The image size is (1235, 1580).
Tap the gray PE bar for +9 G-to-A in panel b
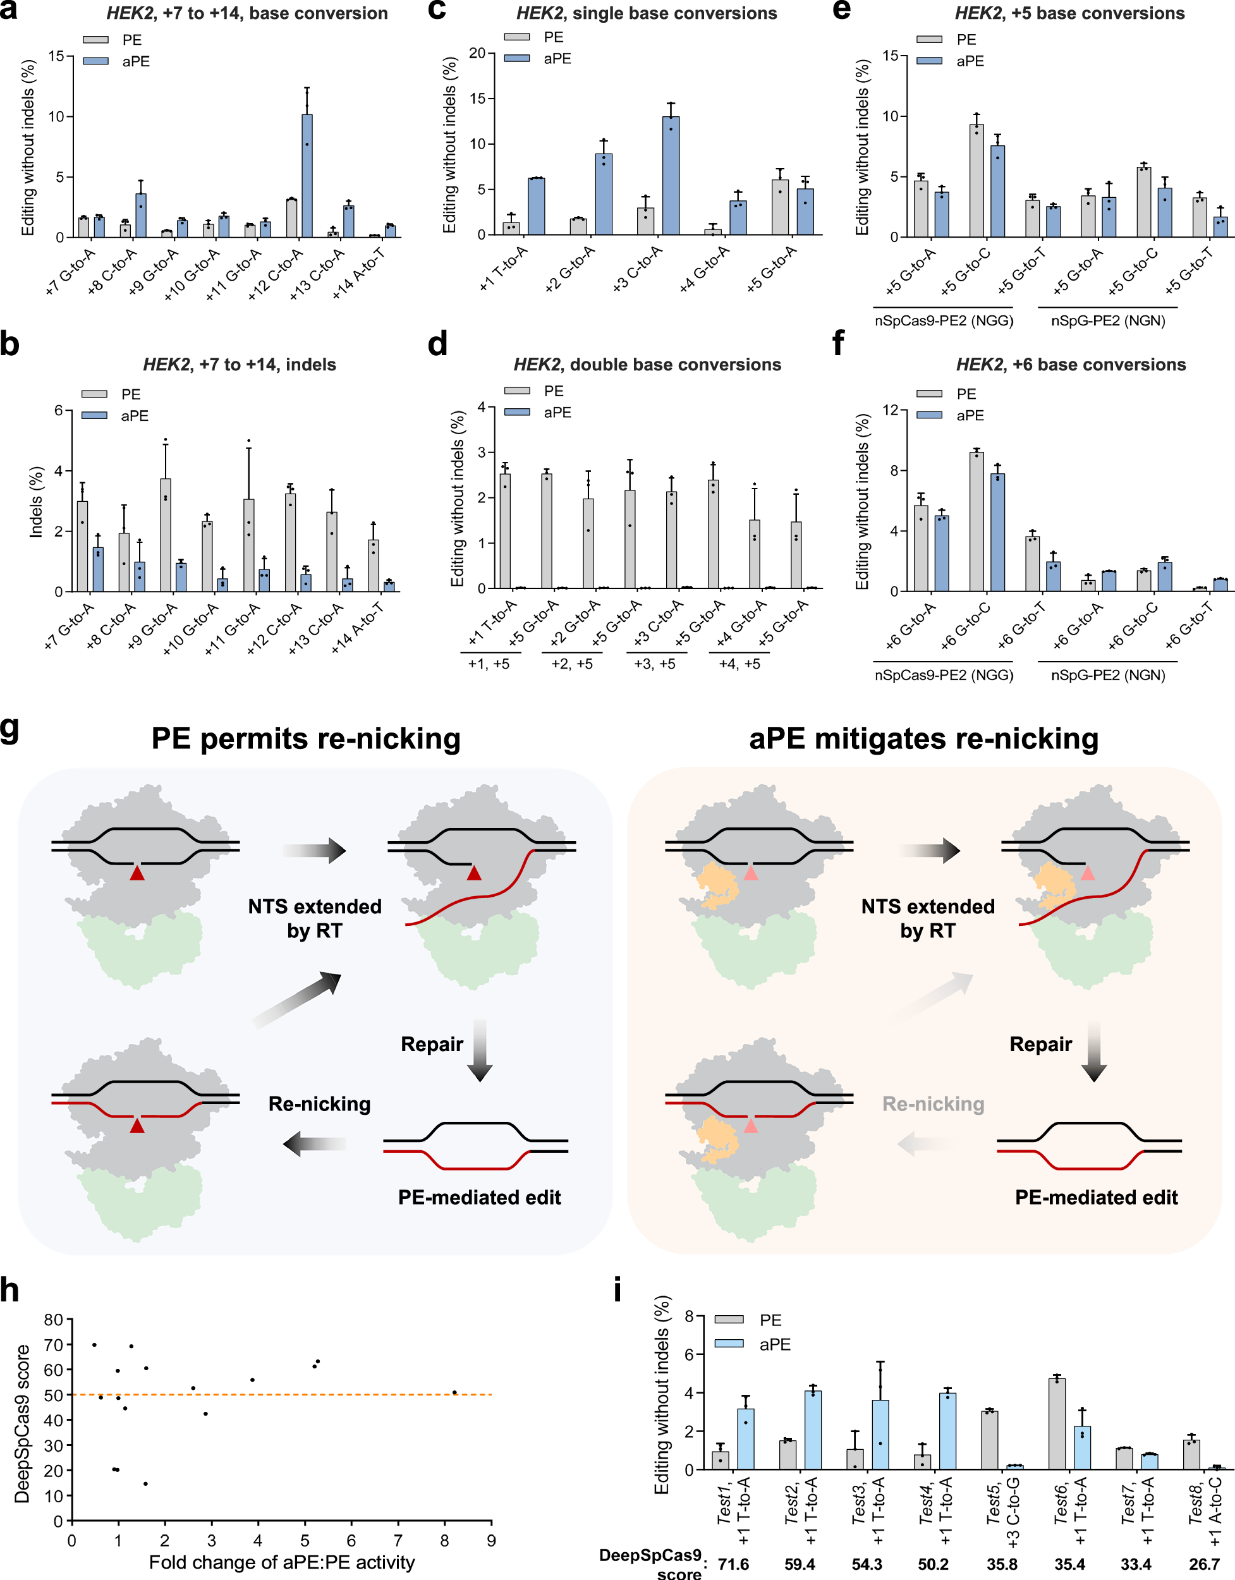(166, 535)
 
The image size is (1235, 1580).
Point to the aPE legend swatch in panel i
(729, 1344)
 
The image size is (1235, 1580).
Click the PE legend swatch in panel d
(516, 391)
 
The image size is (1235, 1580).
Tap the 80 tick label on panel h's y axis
(53, 1320)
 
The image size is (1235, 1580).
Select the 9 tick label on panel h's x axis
(491, 1541)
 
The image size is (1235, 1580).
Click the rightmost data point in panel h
(454, 1393)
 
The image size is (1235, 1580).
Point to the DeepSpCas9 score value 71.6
(733, 1564)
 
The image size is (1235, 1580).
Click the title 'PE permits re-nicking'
(305, 739)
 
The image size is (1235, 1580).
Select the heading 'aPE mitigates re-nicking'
(923, 739)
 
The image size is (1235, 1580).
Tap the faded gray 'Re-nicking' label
(933, 1104)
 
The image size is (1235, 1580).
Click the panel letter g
(10, 729)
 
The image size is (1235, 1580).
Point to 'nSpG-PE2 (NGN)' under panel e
(1108, 320)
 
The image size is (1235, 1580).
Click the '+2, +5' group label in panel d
(571, 664)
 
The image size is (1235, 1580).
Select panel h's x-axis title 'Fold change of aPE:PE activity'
(281, 1563)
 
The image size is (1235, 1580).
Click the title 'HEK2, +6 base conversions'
(1071, 365)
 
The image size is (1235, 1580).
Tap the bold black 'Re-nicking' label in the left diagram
(319, 1104)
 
